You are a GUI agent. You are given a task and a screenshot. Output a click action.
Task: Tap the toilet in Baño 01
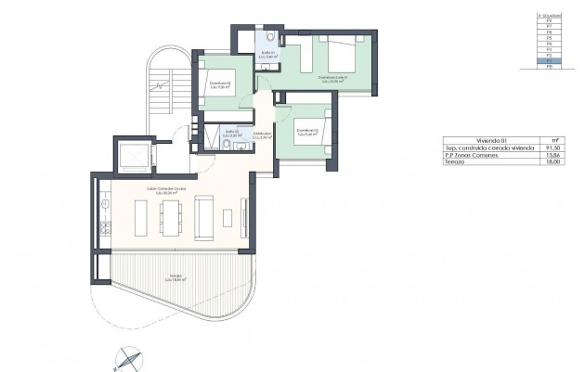[268, 38]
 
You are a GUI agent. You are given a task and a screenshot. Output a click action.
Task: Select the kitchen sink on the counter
[106, 198]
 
